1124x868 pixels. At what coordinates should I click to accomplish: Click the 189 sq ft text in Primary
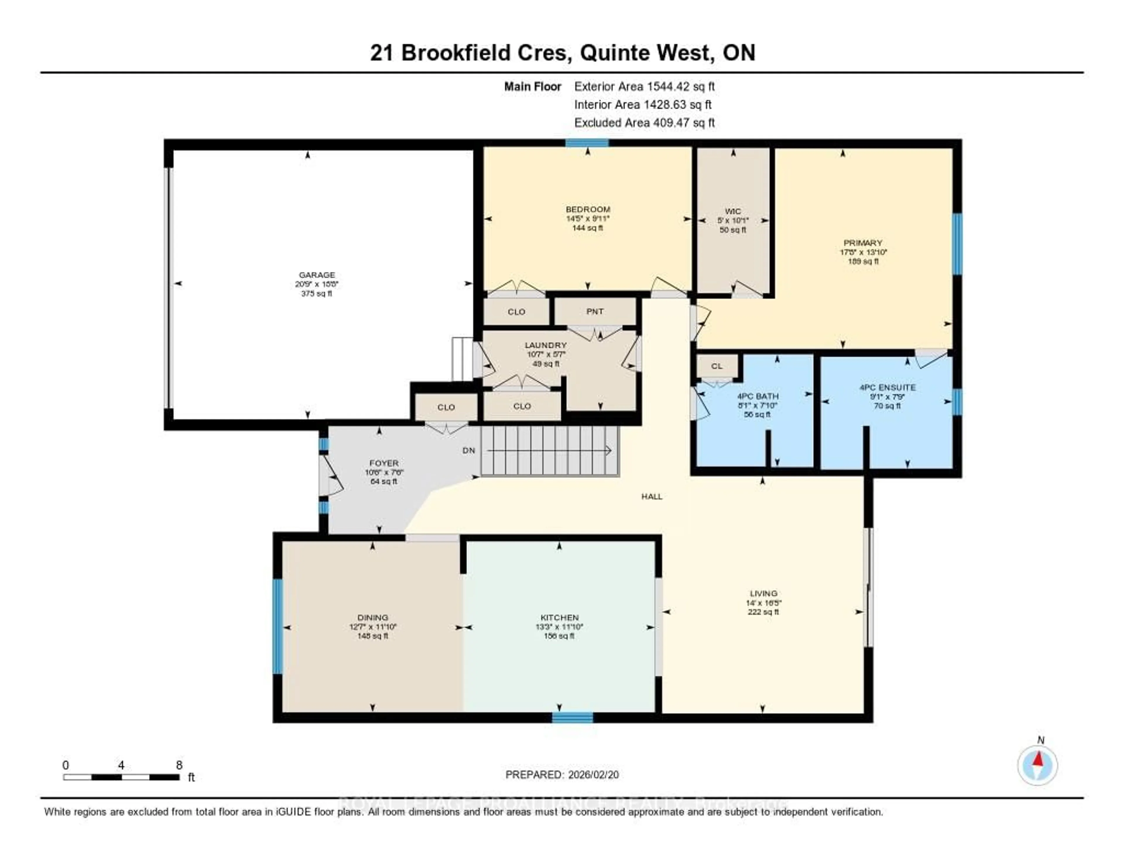pyautogui.click(x=863, y=261)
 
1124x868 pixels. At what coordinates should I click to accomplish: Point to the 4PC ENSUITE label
pyautogui.click(x=887, y=387)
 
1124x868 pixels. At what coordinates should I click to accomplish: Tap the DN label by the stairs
pyautogui.click(x=468, y=450)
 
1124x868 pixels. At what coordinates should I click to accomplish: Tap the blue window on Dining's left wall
pyautogui.click(x=277, y=626)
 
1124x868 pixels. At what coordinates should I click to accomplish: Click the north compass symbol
pyautogui.click(x=1038, y=765)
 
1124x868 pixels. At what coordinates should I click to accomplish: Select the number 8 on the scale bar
pyautogui.click(x=179, y=765)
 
